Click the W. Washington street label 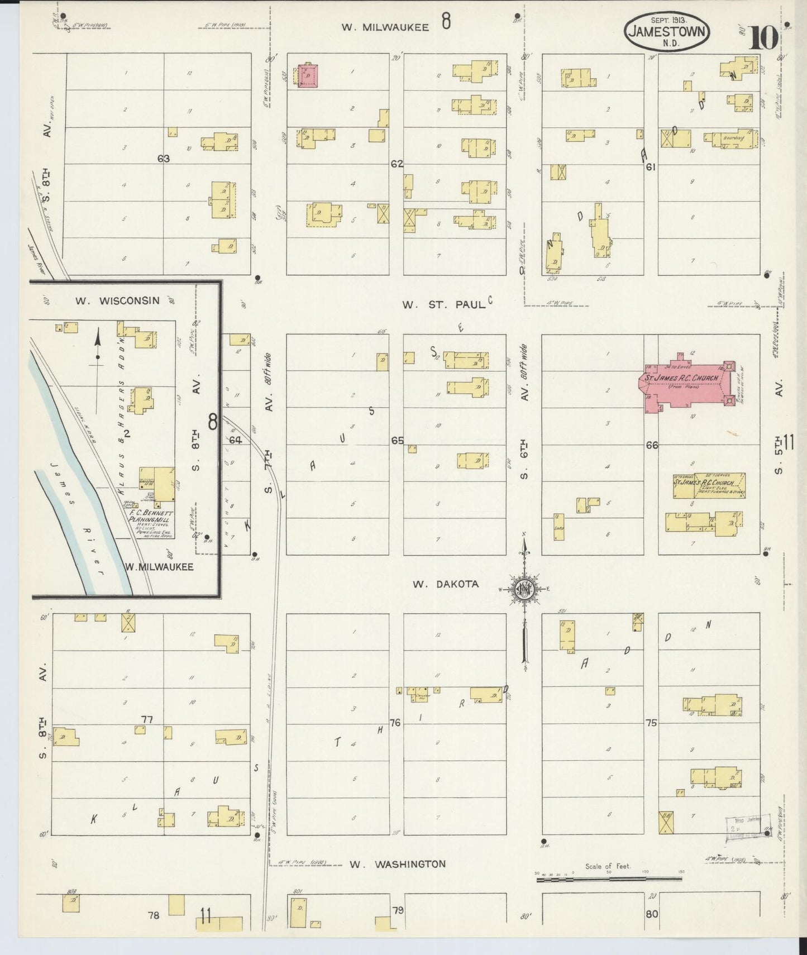(x=398, y=865)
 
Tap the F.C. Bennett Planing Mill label (x=151, y=516)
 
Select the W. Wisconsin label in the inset (x=117, y=300)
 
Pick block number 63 (x=163, y=159)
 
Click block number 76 (x=395, y=723)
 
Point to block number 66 (x=652, y=445)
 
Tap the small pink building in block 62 (x=308, y=75)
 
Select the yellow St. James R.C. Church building (x=709, y=485)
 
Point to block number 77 (x=147, y=719)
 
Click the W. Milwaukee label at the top (x=385, y=27)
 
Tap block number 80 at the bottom (x=652, y=915)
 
